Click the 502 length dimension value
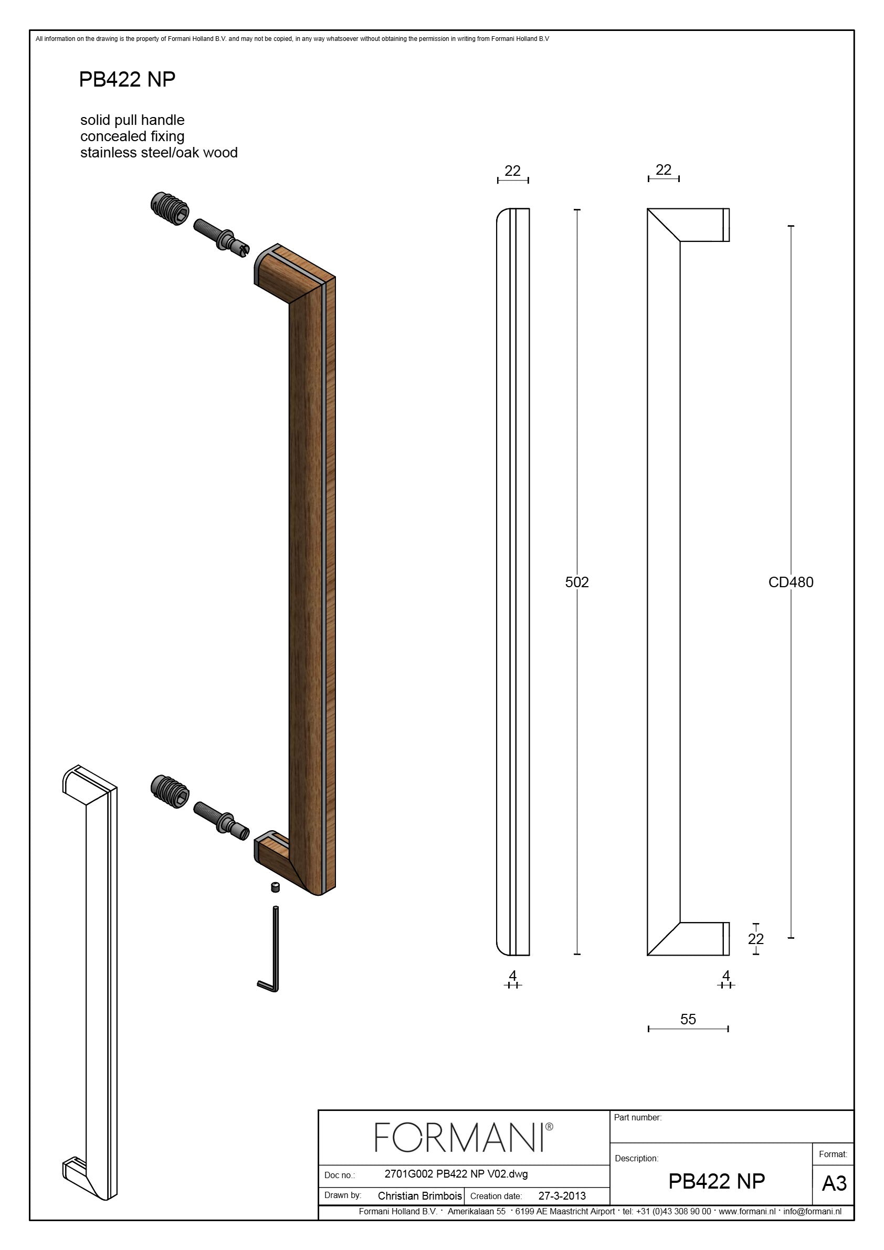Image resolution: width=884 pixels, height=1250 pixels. point(577,582)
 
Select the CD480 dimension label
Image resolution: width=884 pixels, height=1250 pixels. point(791,582)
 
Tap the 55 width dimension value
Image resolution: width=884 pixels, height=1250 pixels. point(688,1019)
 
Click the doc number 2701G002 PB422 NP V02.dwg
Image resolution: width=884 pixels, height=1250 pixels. point(456,1174)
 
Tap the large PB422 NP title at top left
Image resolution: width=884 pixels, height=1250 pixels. point(127,79)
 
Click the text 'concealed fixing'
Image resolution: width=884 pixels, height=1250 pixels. point(132,136)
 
